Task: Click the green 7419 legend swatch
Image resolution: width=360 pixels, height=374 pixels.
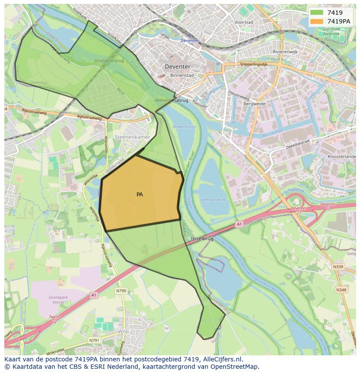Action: click(317, 13)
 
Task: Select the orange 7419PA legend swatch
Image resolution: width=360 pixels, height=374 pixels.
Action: click(317, 21)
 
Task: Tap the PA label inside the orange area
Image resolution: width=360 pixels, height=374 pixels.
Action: click(140, 195)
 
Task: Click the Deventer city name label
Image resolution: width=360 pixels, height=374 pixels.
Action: click(177, 66)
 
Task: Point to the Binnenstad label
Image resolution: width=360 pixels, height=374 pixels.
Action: click(182, 75)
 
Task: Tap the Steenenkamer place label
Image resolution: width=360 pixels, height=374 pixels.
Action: click(132, 137)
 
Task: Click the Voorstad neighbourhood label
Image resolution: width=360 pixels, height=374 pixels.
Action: click(243, 22)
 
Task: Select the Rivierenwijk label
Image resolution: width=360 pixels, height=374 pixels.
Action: click(285, 52)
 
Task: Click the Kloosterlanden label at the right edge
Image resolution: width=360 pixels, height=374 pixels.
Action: click(342, 156)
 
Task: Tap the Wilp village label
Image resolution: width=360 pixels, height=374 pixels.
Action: click(123, 331)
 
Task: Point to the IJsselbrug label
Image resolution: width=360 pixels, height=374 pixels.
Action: click(202, 239)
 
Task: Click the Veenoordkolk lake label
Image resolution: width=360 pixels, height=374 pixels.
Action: click(213, 200)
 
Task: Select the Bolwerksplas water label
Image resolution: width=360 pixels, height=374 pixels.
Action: click(185, 127)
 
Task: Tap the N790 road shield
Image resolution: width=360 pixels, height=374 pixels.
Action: click(121, 291)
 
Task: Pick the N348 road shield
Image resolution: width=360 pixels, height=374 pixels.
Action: click(341, 289)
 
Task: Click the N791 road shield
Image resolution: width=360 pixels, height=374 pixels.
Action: click(94, 340)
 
